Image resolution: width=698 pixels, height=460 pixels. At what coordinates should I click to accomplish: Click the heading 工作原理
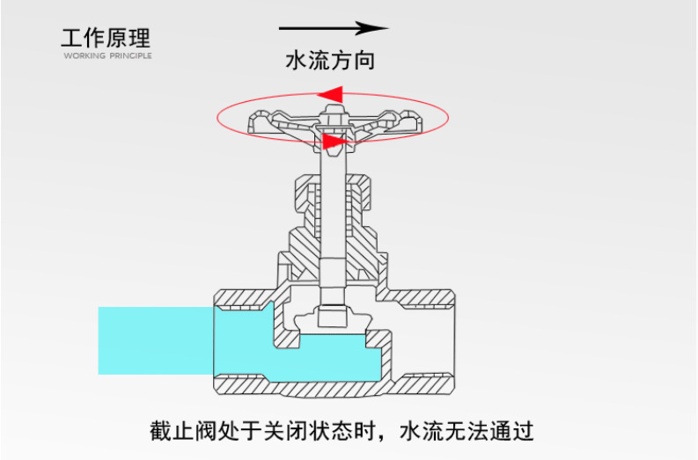click(x=106, y=38)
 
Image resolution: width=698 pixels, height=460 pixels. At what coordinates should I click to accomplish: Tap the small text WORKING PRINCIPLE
click(x=107, y=55)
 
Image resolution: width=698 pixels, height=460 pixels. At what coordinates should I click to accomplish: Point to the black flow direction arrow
click(x=334, y=28)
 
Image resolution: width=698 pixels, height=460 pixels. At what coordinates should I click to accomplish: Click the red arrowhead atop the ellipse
click(x=331, y=92)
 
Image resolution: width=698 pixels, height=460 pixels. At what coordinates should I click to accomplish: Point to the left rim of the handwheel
click(x=258, y=122)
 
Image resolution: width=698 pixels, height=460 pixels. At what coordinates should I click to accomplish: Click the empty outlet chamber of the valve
click(x=422, y=339)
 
